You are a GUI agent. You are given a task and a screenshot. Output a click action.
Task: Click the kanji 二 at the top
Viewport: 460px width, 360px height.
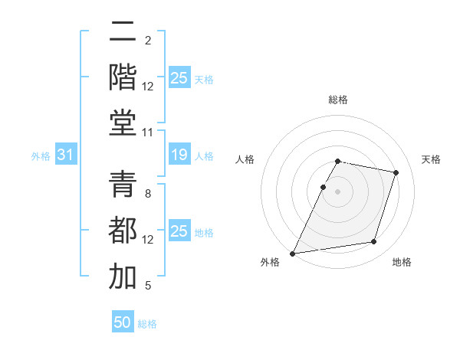(x=123, y=33)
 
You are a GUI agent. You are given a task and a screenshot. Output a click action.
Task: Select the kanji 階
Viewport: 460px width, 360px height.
(x=123, y=77)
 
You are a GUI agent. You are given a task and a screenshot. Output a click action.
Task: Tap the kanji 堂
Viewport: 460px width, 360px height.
(x=123, y=123)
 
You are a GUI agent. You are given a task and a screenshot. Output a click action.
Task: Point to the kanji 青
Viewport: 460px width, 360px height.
(x=123, y=186)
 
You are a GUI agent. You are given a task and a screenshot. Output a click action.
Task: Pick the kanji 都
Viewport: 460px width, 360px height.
(x=123, y=231)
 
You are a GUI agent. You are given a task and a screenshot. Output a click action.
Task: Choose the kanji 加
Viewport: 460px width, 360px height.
(x=123, y=277)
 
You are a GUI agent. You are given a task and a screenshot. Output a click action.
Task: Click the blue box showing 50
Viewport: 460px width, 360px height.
(x=123, y=322)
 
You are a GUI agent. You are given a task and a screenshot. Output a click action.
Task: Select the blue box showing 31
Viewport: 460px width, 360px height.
(x=65, y=155)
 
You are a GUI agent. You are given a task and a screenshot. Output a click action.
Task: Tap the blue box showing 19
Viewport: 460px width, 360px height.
(x=179, y=155)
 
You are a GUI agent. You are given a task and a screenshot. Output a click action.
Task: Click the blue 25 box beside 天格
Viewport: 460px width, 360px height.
(x=179, y=77)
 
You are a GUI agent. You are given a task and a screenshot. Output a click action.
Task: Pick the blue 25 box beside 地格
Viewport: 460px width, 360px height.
(x=179, y=231)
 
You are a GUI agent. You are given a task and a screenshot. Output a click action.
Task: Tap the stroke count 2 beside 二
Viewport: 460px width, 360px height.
(x=148, y=40)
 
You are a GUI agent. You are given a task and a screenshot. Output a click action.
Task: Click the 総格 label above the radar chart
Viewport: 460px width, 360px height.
(x=338, y=100)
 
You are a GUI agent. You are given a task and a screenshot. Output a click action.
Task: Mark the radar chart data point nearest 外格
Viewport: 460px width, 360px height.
(x=293, y=253)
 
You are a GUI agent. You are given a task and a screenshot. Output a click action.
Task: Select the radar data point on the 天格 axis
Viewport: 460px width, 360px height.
(x=396, y=172)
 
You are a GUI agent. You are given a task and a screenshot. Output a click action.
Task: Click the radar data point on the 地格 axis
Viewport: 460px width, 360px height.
(x=374, y=242)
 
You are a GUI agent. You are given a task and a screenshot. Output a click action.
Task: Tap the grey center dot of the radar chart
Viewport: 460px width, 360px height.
(x=338, y=191)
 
